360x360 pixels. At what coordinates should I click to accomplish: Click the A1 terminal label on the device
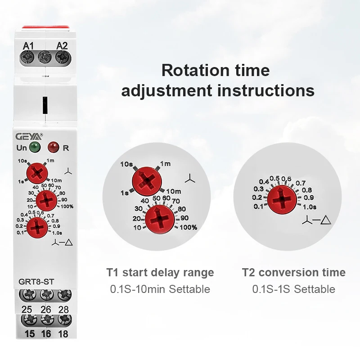[28, 45]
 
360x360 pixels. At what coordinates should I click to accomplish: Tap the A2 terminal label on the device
[62, 45]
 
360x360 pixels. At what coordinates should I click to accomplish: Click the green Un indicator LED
[34, 147]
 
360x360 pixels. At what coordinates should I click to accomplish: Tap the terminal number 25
[27, 309]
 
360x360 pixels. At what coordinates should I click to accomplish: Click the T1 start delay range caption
[160, 272]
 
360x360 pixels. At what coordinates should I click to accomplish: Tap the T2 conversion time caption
[294, 272]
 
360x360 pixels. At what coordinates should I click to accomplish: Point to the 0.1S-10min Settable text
[160, 289]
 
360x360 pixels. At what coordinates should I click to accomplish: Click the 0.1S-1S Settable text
[294, 289]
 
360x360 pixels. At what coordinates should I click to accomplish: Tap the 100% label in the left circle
[189, 227]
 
